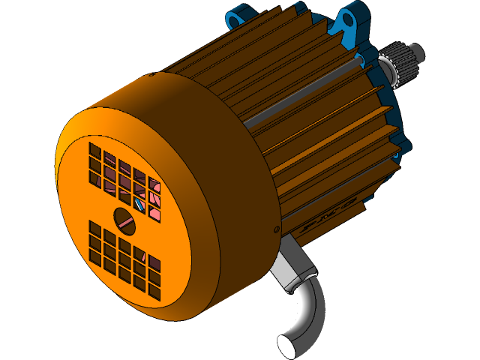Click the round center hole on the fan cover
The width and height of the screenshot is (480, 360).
click(x=124, y=218)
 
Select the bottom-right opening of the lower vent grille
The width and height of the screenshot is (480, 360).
click(x=154, y=292)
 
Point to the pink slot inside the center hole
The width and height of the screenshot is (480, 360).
click(x=125, y=221)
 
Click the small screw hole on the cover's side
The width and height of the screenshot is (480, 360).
click(x=277, y=228)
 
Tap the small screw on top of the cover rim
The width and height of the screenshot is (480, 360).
click(x=152, y=75)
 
